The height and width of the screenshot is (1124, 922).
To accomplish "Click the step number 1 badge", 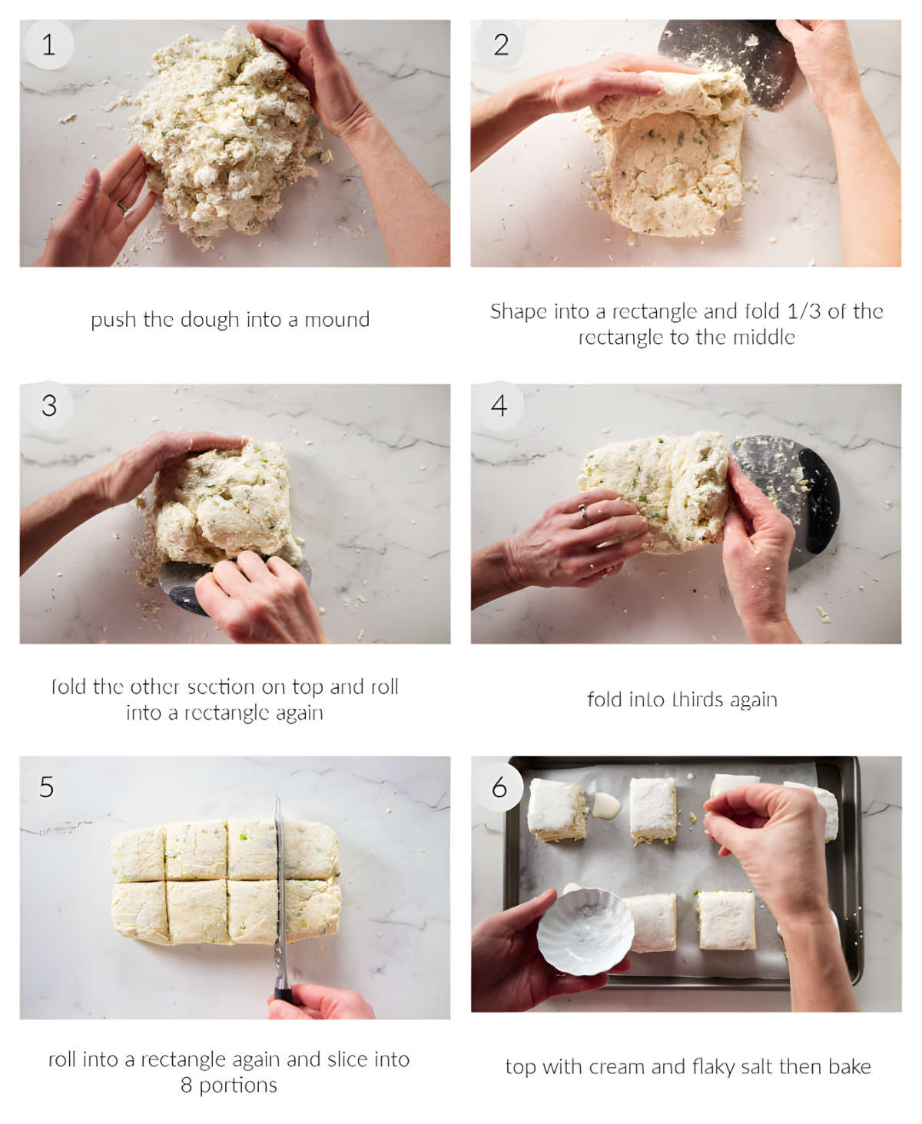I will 48,45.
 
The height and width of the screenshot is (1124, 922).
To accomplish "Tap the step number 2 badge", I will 500,45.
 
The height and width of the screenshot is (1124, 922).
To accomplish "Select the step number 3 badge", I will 48,405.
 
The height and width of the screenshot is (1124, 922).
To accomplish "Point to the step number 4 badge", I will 499,405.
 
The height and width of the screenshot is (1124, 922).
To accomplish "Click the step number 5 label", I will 47,786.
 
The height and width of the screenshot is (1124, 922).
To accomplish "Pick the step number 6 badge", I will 499,786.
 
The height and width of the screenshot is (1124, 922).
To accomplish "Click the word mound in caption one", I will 337,320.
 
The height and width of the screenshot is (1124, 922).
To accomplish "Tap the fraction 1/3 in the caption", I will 804,311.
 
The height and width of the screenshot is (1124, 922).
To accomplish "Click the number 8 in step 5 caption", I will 186,1086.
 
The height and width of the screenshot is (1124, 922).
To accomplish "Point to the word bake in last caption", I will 850,1067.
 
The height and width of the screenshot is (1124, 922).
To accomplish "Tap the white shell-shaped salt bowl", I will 585,931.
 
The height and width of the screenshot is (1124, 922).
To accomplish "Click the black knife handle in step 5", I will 284,995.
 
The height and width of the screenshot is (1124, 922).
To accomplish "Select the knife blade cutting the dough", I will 280,892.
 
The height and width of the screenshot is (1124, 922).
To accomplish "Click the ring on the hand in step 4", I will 585,514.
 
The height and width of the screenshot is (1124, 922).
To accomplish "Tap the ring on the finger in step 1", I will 122,206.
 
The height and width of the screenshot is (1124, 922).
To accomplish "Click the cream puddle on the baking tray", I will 605,806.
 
